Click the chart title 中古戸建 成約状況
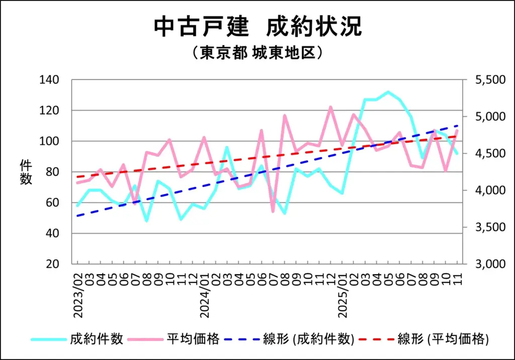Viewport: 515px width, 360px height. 257,27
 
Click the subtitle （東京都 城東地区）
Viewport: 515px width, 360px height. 257,53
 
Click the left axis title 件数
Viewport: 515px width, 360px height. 26,172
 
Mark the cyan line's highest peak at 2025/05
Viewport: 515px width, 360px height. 388,92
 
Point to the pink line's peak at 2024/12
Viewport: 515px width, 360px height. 331,107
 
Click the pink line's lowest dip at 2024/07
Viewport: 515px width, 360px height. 273,211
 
